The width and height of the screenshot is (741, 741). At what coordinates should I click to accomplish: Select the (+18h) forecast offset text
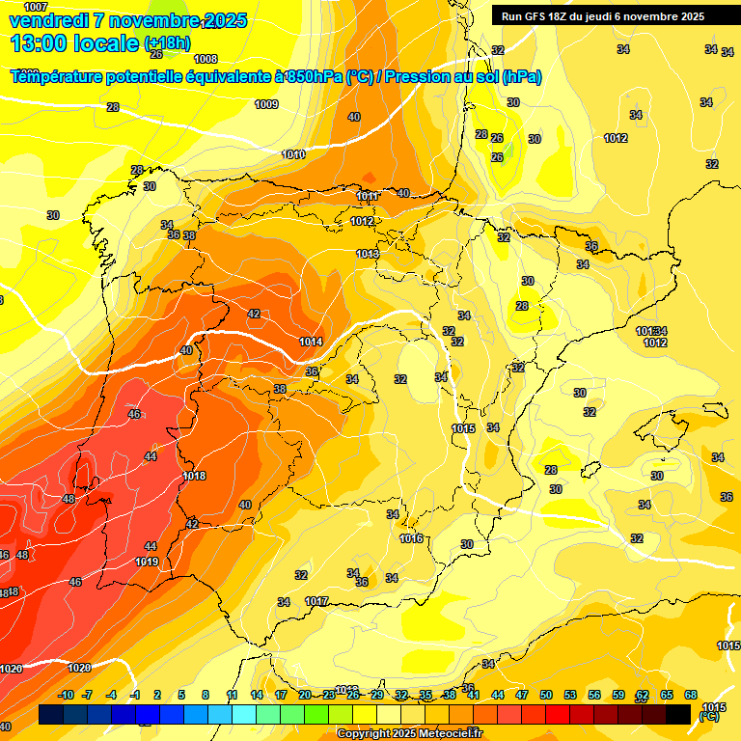[x=167, y=43]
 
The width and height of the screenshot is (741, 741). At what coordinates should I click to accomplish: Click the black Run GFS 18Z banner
[x=602, y=16]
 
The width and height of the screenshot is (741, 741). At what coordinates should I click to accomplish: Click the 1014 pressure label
[x=310, y=342]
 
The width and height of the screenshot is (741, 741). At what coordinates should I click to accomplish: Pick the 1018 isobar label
[x=194, y=476]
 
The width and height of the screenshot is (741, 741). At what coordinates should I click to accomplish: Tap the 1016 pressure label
[x=411, y=538]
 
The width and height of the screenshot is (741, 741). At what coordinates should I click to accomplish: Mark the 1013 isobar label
[x=367, y=254]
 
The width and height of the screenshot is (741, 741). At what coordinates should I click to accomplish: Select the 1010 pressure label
[x=293, y=154]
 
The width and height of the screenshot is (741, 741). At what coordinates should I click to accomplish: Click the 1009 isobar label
[x=266, y=104]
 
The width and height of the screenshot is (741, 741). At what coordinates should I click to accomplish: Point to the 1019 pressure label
[x=147, y=562]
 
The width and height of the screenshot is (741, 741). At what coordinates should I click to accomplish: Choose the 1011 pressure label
[x=367, y=196]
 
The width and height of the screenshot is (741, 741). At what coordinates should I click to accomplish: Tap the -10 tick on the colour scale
[x=66, y=695]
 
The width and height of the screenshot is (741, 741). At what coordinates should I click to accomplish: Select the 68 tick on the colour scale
[x=691, y=695]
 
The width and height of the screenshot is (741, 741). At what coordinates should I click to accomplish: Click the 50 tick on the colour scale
[x=546, y=695]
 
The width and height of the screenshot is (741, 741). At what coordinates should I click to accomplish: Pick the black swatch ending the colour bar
[x=678, y=714]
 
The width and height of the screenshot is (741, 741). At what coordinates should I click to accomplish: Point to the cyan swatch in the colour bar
[x=244, y=714]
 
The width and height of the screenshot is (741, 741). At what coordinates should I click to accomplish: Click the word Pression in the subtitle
[x=417, y=77]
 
